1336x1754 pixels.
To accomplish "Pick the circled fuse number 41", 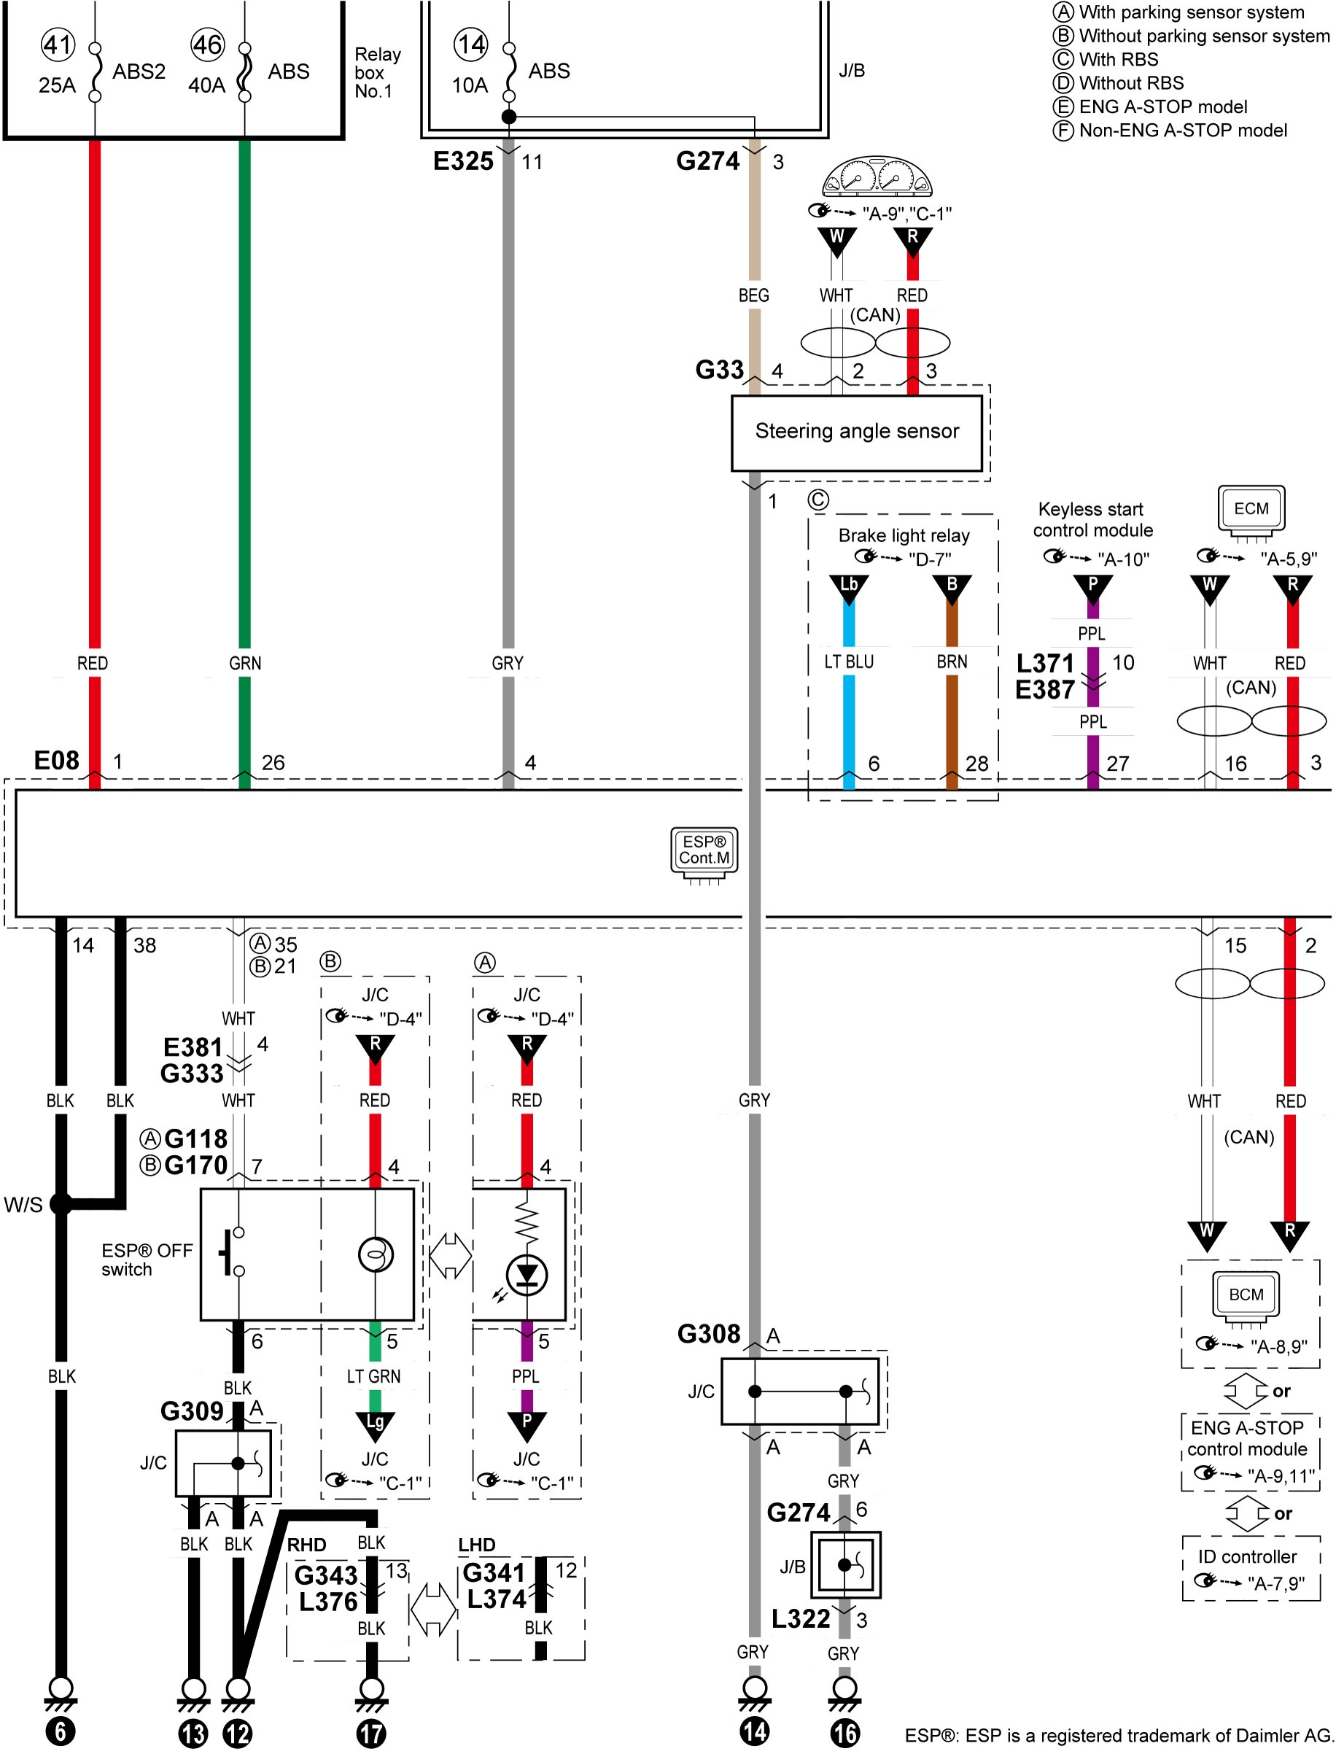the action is point(58,44).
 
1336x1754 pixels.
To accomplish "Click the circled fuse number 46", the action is point(208,44).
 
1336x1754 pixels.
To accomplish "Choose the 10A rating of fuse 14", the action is point(469,85).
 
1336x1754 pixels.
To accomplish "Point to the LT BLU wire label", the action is point(849,661).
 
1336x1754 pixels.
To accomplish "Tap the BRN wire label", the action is point(952,661).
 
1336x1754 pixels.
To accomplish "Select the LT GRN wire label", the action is point(374,1376).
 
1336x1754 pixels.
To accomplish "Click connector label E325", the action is point(463,161).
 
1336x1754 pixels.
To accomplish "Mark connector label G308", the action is point(709,1333).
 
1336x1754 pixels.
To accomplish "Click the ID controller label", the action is point(1247,1557).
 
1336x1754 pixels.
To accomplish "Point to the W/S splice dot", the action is point(61,1204).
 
